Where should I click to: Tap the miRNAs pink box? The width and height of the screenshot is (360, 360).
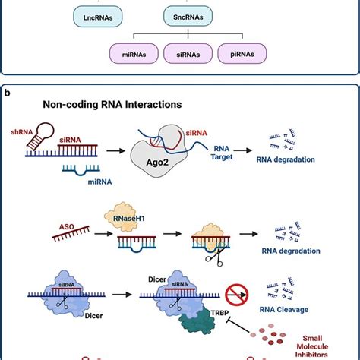(134, 53)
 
